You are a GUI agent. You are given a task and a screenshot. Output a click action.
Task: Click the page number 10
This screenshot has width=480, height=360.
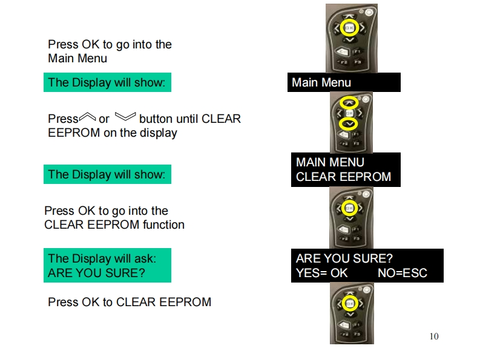pyautogui.click(x=433, y=336)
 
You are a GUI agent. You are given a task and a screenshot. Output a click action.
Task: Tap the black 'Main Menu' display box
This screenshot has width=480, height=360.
pyautogui.click(x=344, y=82)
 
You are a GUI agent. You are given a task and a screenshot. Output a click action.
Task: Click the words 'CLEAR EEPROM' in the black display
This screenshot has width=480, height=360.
pyautogui.click(x=343, y=177)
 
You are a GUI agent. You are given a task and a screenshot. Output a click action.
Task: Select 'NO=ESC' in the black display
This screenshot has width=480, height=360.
pyautogui.click(x=402, y=273)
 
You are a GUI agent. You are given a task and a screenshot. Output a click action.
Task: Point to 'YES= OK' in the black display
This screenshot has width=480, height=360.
pyautogui.click(x=321, y=273)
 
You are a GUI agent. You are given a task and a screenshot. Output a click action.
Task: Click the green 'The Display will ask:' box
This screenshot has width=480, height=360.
pyautogui.click(x=107, y=265)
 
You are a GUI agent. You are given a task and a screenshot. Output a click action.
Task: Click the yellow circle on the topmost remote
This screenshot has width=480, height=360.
pyautogui.click(x=349, y=28)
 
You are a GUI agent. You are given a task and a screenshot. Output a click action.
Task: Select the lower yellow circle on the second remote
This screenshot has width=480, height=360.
pyautogui.click(x=347, y=124)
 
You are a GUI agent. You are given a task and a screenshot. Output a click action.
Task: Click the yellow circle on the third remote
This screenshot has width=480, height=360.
pyautogui.click(x=349, y=209)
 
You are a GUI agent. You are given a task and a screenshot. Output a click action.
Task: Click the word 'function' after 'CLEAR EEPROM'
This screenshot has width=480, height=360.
pyautogui.click(x=163, y=225)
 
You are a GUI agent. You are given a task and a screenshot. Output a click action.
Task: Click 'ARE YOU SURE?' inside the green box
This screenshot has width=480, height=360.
pyautogui.click(x=96, y=273)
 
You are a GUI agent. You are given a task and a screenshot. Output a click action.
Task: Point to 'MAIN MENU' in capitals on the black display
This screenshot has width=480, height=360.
pyautogui.click(x=330, y=162)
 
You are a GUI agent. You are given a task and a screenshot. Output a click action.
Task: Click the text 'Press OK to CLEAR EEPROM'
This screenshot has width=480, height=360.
pyautogui.click(x=130, y=302)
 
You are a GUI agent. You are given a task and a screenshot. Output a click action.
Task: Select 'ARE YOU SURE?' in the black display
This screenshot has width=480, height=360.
pyautogui.click(x=344, y=258)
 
